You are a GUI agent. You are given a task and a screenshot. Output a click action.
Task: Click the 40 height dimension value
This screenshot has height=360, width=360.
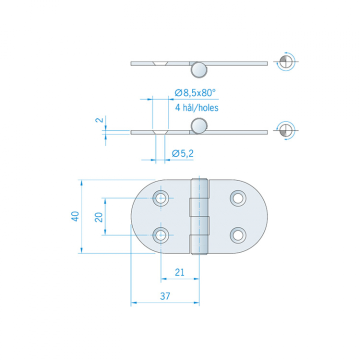[74, 216]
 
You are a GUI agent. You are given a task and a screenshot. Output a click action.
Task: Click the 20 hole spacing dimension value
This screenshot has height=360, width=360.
[98, 216]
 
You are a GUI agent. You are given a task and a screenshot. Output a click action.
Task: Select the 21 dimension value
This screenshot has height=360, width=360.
[180, 272]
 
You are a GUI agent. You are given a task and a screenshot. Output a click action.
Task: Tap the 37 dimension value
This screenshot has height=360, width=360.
[165, 296]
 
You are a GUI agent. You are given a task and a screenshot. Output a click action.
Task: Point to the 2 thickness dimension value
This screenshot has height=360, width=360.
[99, 120]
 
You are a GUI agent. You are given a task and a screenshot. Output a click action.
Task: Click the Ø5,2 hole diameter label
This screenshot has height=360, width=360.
[182, 153]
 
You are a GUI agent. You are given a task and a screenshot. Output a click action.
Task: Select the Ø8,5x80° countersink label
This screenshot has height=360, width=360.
[195, 92]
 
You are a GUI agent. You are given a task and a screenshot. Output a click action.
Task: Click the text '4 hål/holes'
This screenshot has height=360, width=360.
[196, 107]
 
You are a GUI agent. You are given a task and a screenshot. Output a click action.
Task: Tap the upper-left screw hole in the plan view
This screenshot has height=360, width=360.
[161, 198]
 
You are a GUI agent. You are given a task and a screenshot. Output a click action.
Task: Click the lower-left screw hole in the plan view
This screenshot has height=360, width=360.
[161, 234]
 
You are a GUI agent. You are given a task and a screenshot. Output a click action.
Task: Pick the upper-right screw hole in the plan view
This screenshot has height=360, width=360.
[238, 198]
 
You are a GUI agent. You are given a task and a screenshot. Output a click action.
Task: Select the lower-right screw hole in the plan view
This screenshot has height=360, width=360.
[238, 234]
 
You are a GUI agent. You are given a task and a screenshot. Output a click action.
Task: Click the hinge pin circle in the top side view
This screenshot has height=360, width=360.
[199, 69]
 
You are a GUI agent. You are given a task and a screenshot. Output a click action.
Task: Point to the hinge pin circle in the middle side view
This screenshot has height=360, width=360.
[199, 126]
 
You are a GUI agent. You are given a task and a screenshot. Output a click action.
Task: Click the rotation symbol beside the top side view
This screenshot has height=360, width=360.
[286, 61]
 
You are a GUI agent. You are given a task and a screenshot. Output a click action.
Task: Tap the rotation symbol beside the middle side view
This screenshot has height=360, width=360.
[286, 130]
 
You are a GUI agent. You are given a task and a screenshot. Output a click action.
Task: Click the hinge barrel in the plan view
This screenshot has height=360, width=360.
[199, 216]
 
